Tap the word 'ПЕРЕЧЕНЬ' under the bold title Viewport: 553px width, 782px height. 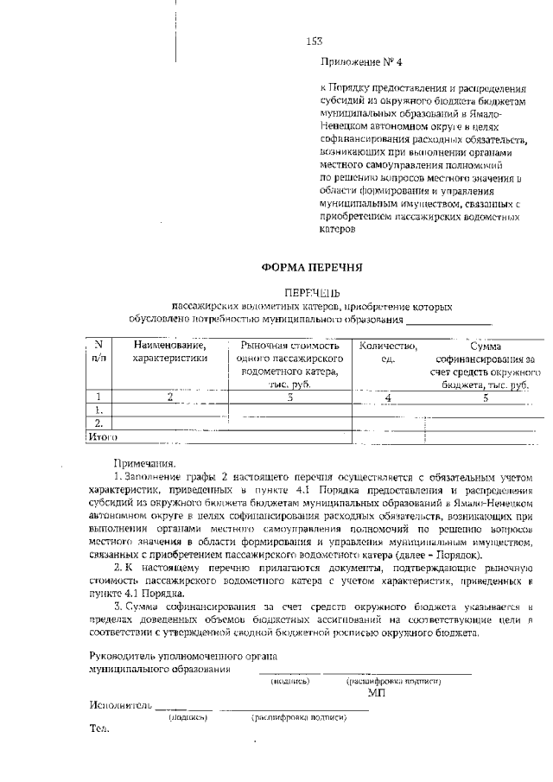pos(313,293)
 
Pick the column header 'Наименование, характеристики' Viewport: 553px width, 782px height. pos(169,352)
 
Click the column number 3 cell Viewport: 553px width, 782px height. pos(290,397)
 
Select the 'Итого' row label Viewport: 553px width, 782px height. pos(103,437)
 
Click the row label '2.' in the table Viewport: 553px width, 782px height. pos(99,423)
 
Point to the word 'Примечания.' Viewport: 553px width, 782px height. pos(143,463)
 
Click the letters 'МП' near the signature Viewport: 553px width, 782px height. pos(375,693)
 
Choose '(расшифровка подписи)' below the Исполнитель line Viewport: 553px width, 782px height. pos(298,717)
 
